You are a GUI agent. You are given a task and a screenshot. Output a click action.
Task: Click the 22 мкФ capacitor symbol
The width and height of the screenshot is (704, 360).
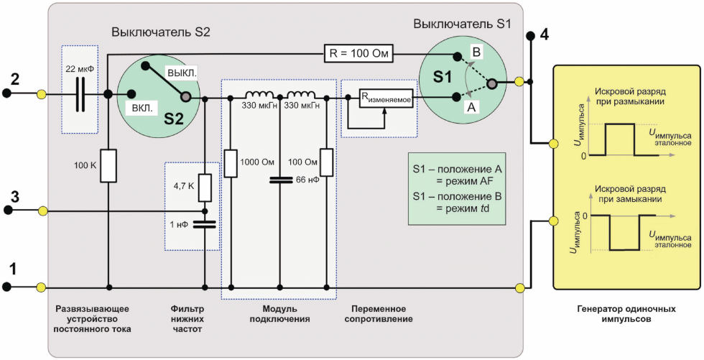coord(80,94)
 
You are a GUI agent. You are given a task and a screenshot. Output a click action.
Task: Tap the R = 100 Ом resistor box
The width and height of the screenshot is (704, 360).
coord(358,55)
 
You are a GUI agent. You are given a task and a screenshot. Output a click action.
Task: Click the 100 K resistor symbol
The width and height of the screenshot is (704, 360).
coord(108,166)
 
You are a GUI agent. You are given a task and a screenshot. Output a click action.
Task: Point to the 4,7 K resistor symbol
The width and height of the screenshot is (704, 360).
coord(205,188)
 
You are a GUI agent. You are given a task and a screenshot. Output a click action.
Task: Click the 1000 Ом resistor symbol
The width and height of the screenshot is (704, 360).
coord(231,162)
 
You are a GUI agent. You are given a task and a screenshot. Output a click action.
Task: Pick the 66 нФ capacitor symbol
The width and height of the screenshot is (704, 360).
coord(279,180)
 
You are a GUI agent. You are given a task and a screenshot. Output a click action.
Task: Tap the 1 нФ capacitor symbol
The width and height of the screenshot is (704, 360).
coord(205,224)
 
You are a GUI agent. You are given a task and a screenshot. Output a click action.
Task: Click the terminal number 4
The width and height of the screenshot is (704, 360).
coord(545,35)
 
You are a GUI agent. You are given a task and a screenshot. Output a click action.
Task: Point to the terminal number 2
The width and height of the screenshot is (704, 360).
coord(15,80)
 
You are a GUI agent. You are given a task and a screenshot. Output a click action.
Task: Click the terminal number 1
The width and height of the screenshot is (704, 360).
coord(14,269)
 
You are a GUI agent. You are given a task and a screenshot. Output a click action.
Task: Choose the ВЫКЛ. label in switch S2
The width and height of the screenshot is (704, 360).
coord(182,73)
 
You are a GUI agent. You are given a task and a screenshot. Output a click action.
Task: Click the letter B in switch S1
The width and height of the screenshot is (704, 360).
coord(477,52)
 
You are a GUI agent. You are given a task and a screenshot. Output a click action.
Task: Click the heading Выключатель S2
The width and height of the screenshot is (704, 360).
coord(160,33)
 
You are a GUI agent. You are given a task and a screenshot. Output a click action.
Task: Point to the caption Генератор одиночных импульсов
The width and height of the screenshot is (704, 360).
coord(626,314)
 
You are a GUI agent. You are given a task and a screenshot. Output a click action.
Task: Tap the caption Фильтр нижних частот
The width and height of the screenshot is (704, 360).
coord(187,319)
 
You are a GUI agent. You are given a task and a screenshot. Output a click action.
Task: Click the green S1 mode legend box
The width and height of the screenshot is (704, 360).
coord(457,188)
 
